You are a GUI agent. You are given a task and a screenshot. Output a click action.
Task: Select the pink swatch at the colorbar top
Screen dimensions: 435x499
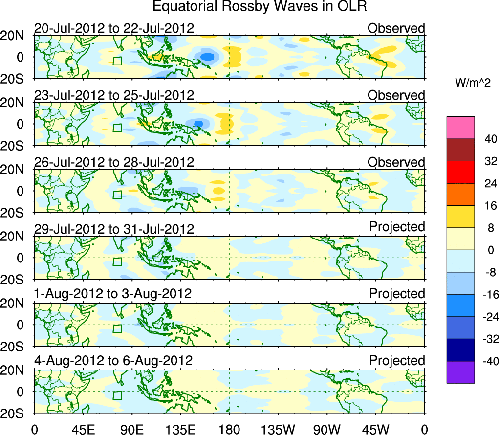pos(460,128)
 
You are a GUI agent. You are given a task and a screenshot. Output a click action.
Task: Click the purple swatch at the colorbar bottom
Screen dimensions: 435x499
pos(460,372)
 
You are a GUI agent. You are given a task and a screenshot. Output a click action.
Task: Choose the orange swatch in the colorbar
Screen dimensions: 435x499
pos(460,195)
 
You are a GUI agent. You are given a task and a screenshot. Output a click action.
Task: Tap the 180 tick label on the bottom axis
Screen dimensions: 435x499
pos(229,429)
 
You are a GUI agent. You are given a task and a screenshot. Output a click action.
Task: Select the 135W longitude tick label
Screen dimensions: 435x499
pos(278,429)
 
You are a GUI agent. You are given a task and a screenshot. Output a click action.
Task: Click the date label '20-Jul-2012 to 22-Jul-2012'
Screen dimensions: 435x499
pos(114,28)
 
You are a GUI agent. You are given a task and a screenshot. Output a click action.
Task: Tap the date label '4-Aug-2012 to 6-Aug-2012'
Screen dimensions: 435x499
pos(113,361)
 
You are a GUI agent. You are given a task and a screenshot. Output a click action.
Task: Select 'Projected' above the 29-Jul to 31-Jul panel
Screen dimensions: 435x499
pos(397,227)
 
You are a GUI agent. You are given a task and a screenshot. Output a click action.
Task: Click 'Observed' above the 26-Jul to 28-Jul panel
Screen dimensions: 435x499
pos(396,162)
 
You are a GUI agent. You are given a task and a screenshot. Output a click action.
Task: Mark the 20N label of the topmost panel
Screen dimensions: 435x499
pos(16,35)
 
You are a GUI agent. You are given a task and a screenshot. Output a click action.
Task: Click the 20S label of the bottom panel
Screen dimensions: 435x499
pos(16,413)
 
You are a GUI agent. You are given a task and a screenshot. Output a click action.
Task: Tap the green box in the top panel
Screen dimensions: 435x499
pos(117,61)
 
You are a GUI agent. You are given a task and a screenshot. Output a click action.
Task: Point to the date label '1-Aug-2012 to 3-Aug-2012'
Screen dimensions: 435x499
pos(113,294)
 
